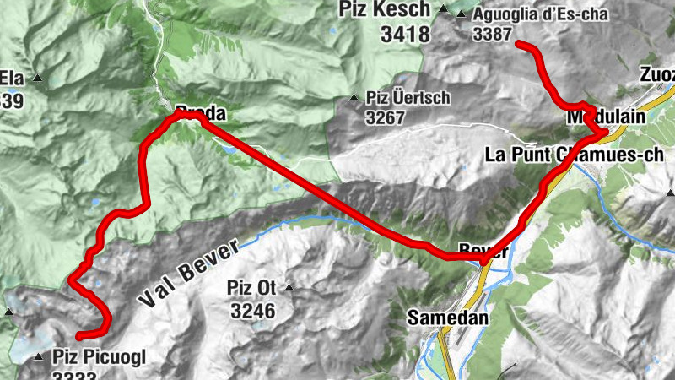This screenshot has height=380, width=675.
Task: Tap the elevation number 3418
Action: [x=404, y=35]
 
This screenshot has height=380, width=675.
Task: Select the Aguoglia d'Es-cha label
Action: [x=540, y=14]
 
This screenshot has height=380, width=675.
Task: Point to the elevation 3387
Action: [x=494, y=35]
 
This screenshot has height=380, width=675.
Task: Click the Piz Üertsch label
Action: [x=408, y=98]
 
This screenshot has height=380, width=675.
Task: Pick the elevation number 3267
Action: [x=386, y=118]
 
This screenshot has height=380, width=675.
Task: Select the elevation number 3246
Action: [x=252, y=311]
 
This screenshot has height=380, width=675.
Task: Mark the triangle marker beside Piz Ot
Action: [x=289, y=289]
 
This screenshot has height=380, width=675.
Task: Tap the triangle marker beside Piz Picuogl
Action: [x=39, y=357]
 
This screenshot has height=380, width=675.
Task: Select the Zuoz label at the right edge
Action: [x=658, y=74]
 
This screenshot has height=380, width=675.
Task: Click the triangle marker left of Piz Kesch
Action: [x=444, y=10]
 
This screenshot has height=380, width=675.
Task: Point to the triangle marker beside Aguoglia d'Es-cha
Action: [x=461, y=14]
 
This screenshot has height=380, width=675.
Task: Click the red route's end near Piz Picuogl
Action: [x=78, y=338]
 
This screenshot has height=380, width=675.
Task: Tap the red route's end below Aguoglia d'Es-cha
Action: [x=518, y=44]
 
